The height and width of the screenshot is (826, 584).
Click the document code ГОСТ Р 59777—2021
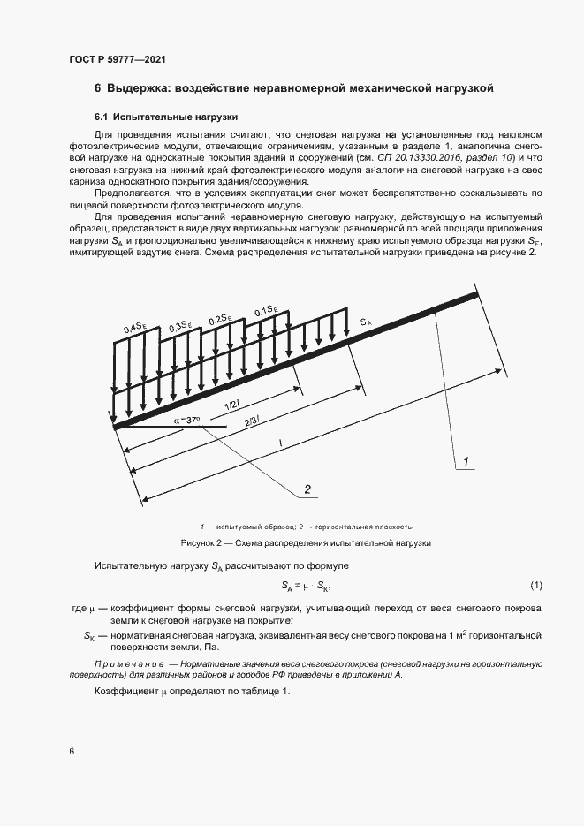tap(117, 59)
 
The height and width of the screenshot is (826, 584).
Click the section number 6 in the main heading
tap(98, 88)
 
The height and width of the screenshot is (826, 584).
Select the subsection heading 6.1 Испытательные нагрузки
tap(166, 117)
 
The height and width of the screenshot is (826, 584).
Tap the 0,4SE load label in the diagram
tap(134, 328)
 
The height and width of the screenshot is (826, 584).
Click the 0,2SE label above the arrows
tap(220, 319)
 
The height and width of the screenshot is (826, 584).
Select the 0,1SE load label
tap(266, 310)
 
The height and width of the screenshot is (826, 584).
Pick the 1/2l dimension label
tap(231, 405)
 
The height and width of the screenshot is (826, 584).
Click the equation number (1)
tap(535, 586)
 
